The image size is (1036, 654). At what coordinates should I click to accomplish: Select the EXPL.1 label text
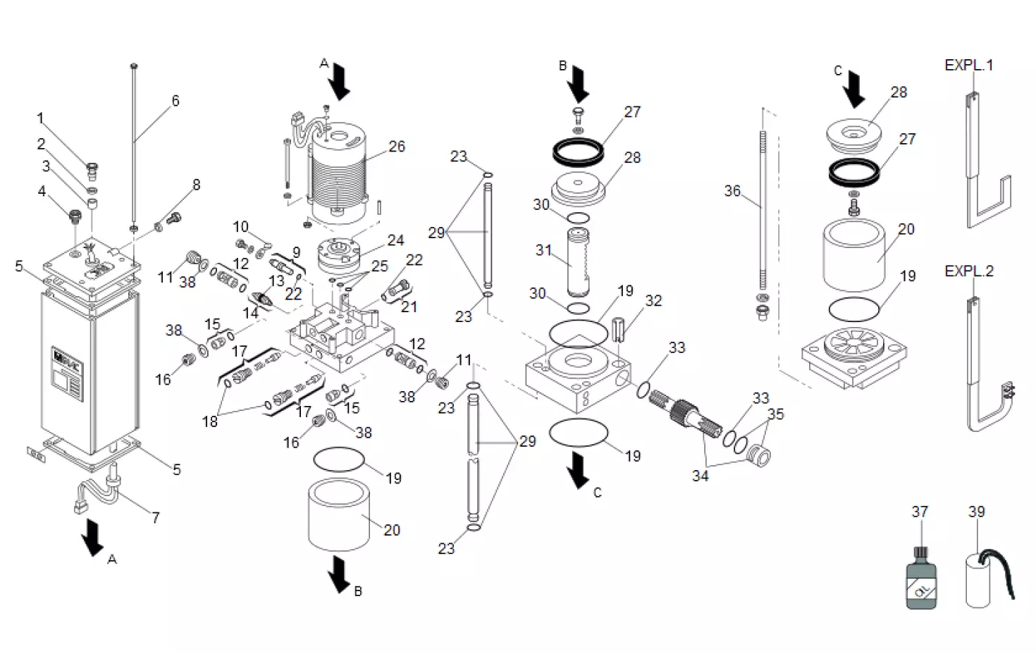(968, 66)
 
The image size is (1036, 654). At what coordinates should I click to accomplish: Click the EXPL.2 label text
(968, 271)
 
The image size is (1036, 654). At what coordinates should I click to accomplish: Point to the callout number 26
(397, 147)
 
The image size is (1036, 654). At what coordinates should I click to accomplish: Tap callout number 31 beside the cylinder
(543, 249)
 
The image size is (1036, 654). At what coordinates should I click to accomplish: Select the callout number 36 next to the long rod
(732, 191)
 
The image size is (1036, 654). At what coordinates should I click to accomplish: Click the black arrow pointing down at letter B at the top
(580, 83)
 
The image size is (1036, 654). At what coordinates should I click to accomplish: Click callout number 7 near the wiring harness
(156, 518)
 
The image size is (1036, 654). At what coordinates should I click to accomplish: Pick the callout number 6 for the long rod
(175, 101)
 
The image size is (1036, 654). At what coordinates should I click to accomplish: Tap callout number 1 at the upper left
(40, 118)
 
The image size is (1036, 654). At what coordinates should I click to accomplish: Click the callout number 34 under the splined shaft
(700, 476)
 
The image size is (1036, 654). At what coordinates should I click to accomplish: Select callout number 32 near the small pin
(653, 301)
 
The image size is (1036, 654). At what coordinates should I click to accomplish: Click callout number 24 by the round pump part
(395, 240)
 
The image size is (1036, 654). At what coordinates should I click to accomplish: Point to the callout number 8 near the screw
(196, 185)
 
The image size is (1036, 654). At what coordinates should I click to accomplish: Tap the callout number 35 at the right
(775, 414)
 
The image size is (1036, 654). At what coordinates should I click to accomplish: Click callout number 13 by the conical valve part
(276, 280)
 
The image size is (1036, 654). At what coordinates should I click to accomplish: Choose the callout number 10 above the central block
(241, 227)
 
